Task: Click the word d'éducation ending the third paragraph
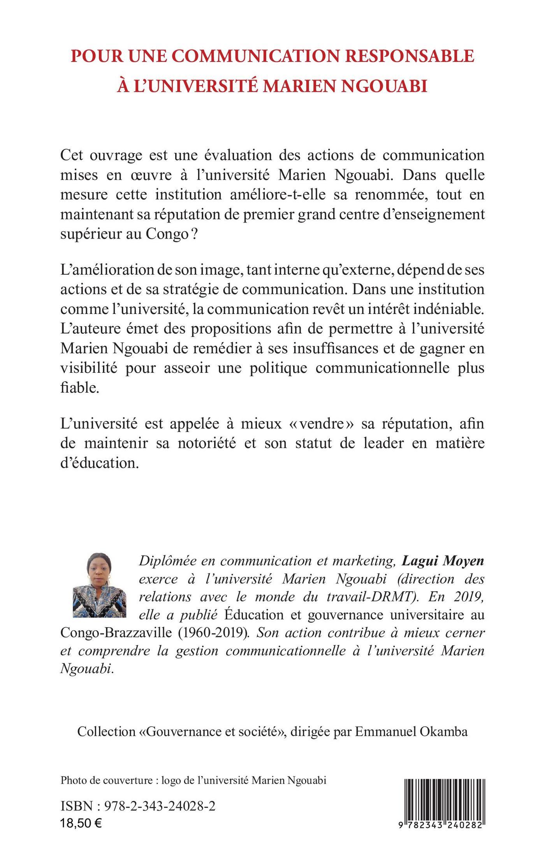100,463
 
